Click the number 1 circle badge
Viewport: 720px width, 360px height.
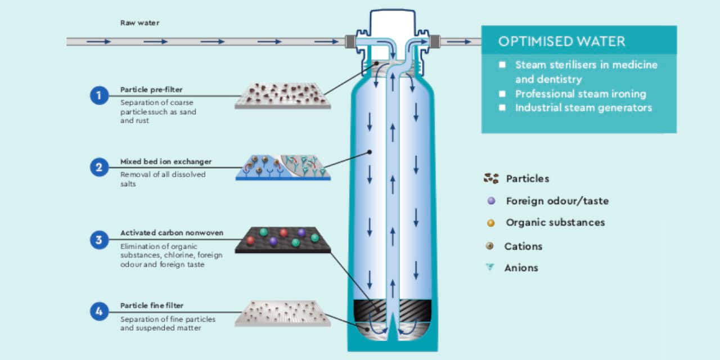pyautogui.click(x=99, y=96)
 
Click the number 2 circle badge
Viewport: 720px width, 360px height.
pyautogui.click(x=99, y=167)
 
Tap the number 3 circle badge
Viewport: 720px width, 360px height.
pyautogui.click(x=99, y=240)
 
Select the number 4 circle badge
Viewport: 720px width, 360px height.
pyautogui.click(x=99, y=312)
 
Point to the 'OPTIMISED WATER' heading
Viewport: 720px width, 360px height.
pyautogui.click(x=561, y=41)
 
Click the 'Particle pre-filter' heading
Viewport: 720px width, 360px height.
pyautogui.click(x=151, y=89)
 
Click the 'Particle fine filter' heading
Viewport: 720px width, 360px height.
pyautogui.click(x=152, y=305)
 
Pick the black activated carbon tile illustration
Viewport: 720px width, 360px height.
pyautogui.click(x=282, y=240)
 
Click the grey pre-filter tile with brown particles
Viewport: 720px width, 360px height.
pyautogui.click(x=282, y=95)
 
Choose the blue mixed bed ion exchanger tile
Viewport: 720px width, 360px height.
pyautogui.click(x=282, y=168)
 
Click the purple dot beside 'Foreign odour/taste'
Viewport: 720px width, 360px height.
pyautogui.click(x=491, y=201)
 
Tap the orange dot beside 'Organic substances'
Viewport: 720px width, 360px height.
pyautogui.click(x=491, y=223)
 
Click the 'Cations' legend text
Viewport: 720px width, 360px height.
pyautogui.click(x=523, y=246)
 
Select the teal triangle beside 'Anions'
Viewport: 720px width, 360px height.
pyautogui.click(x=490, y=267)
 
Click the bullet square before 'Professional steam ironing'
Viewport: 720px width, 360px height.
pyautogui.click(x=502, y=94)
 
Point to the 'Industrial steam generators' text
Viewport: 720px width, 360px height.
pyautogui.click(x=583, y=107)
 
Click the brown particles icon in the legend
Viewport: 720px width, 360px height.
pyautogui.click(x=491, y=179)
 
